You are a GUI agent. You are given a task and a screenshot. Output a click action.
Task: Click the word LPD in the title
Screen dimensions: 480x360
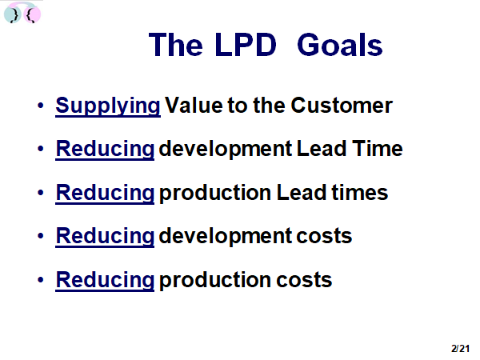(x=246, y=45)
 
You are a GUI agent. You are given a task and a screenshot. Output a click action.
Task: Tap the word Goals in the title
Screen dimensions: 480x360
(x=340, y=45)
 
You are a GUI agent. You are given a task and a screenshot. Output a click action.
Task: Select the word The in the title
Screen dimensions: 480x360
(x=176, y=45)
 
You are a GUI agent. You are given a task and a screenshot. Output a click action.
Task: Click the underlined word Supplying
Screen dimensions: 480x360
(x=108, y=106)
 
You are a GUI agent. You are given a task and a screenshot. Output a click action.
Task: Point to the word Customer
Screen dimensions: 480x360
(x=342, y=106)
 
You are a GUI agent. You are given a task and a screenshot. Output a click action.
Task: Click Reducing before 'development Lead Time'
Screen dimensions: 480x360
(x=105, y=150)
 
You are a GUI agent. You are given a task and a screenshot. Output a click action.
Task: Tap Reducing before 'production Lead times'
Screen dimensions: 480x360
(x=105, y=194)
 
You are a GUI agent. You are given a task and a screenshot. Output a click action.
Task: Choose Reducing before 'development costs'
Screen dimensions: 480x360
(x=105, y=237)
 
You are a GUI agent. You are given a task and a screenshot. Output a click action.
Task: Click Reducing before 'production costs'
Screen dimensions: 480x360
(x=105, y=281)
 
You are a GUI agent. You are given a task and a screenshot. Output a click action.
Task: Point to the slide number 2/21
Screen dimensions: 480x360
(x=460, y=348)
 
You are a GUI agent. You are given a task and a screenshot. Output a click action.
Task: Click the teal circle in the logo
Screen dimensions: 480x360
(x=12, y=14)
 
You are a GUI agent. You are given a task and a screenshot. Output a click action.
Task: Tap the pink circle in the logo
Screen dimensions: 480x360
(x=32, y=14)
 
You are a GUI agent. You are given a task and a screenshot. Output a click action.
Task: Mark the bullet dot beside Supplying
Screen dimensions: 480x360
(x=41, y=106)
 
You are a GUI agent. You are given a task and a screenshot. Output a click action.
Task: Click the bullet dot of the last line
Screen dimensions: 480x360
(x=41, y=280)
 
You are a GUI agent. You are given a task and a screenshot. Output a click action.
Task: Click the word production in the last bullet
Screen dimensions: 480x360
(x=215, y=281)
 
